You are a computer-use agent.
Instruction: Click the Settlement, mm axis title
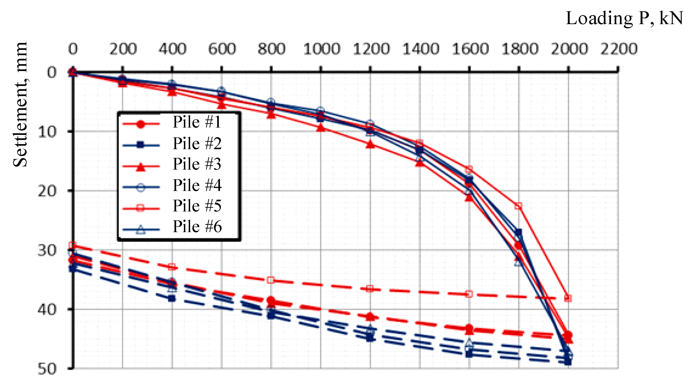tap(20, 104)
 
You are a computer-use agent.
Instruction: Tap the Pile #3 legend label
tap(197, 164)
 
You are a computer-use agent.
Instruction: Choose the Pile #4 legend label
tap(197, 185)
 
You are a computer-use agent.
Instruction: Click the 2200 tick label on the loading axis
tap(619, 49)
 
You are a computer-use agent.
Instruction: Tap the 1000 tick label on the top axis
tap(321, 49)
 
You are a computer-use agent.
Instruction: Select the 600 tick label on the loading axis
tap(222, 49)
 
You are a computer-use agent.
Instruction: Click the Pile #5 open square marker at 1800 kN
tap(518, 206)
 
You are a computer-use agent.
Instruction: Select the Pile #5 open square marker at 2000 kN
tap(568, 298)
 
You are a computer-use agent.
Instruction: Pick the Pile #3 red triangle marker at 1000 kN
tap(321, 128)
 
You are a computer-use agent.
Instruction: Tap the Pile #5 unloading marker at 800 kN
tap(271, 280)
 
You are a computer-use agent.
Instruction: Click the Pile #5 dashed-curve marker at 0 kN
tap(72, 245)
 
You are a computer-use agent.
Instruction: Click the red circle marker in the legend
tap(140, 124)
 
